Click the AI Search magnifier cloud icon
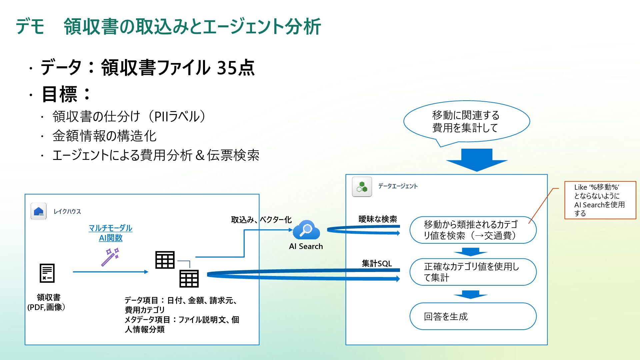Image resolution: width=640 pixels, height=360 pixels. click(306, 230)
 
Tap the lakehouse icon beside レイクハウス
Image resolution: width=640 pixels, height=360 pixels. click(39, 211)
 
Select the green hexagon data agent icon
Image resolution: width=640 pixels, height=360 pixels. click(362, 187)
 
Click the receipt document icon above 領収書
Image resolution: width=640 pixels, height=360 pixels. click(47, 273)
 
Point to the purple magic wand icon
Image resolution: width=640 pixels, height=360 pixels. click(110, 257)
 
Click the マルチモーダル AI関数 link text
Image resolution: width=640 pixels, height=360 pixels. click(110, 233)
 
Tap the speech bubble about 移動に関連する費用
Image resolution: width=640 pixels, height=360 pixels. click(466, 122)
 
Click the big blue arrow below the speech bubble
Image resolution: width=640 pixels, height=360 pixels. click(477, 160)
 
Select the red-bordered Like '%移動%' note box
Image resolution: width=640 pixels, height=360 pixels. click(600, 200)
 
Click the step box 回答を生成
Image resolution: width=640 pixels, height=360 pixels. click(473, 316)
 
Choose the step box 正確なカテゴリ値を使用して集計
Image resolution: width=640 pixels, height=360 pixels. click(473, 272)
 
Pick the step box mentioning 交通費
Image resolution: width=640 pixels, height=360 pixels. click(473, 230)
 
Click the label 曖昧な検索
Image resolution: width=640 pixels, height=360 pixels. click(378, 219)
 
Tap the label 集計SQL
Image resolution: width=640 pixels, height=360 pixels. click(377, 263)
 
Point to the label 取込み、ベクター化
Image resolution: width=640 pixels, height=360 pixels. click(261, 220)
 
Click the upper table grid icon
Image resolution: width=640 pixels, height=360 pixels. click(165, 260)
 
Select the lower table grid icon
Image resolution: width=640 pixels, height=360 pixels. click(189, 279)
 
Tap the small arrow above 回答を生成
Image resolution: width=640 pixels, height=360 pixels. click(470, 294)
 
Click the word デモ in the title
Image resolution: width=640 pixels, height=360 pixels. click(30, 27)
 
